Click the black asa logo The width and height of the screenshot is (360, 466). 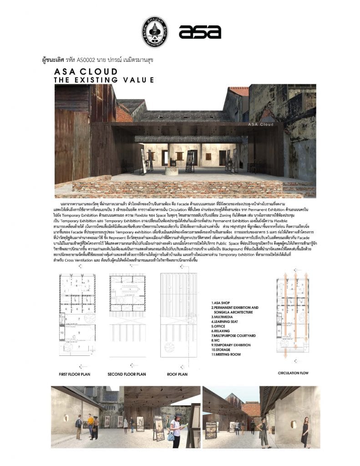(200, 31)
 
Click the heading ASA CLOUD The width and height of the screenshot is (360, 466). (86, 72)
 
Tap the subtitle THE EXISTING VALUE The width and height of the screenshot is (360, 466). (104, 80)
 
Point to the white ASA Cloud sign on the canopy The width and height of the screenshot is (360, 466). (261, 123)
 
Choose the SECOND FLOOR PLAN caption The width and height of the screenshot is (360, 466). (127, 374)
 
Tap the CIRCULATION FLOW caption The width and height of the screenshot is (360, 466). (293, 373)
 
